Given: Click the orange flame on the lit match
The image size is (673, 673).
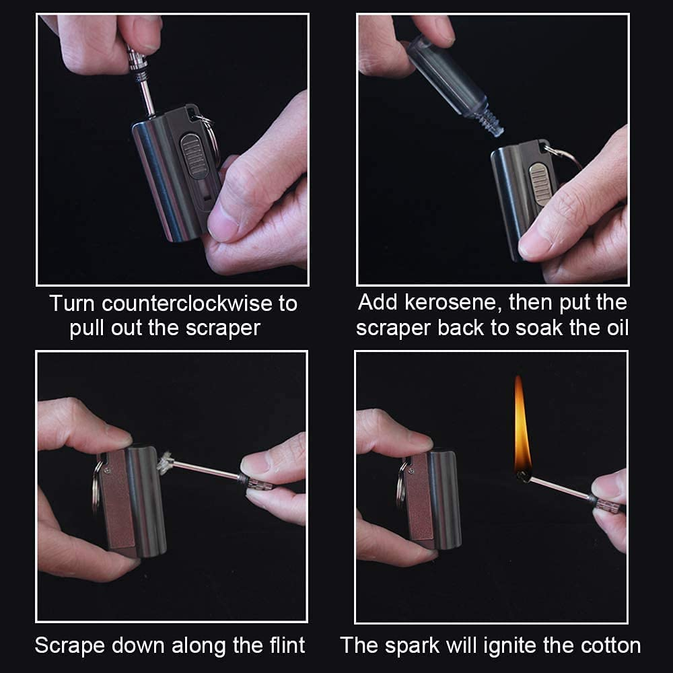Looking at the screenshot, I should (x=522, y=427).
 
